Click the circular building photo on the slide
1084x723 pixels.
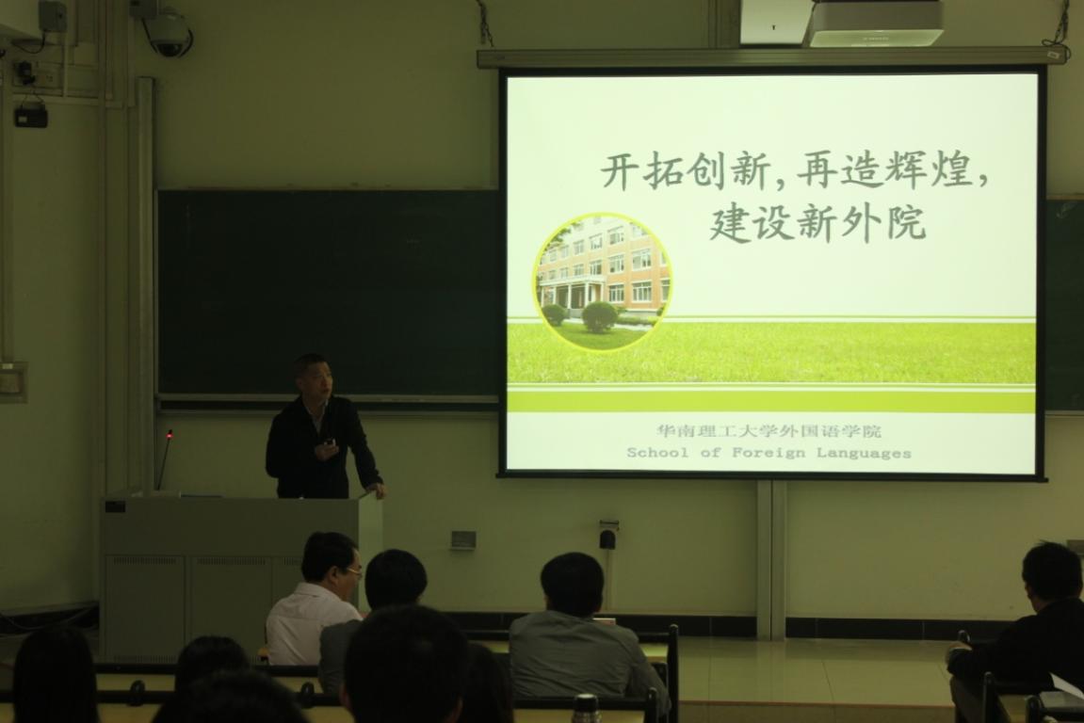click(x=602, y=281)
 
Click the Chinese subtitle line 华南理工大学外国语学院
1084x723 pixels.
click(x=769, y=431)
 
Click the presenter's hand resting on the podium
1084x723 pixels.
click(x=376, y=490)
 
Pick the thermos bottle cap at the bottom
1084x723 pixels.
click(x=586, y=705)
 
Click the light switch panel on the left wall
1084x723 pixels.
click(x=13, y=381)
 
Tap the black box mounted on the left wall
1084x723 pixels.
click(x=31, y=116)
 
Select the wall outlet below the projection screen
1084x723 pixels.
click(x=464, y=538)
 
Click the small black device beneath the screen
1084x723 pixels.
click(x=607, y=537)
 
